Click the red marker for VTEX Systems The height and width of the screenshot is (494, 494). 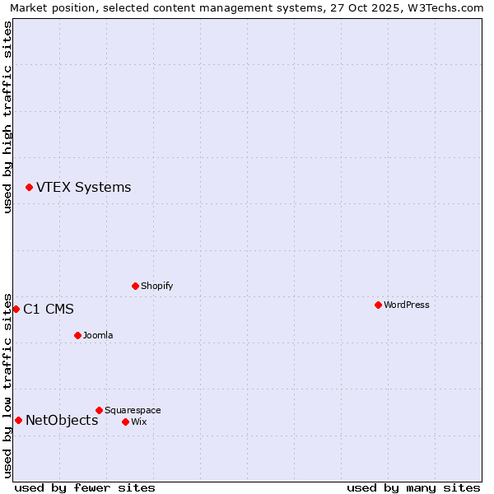tap(29, 188)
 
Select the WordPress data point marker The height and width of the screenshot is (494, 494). tap(378, 305)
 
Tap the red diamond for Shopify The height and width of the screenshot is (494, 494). tap(135, 287)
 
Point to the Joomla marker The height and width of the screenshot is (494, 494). tap(77, 336)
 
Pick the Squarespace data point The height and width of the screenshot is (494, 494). tap(99, 410)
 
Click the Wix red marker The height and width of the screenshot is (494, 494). tap(125, 422)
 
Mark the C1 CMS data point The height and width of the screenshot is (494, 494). tap(16, 310)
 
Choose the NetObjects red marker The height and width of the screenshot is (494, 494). tap(18, 421)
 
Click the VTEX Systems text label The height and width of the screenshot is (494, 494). tap(83, 188)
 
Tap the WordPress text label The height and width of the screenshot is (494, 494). tap(406, 305)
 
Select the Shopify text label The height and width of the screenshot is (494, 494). tap(156, 287)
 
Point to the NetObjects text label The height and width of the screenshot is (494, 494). tap(62, 421)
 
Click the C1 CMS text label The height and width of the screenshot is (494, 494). tap(49, 310)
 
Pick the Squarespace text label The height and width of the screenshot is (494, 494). tap(133, 410)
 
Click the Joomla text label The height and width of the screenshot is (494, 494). tap(98, 336)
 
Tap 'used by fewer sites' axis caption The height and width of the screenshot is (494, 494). tap(85, 487)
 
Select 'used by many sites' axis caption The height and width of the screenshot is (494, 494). tap(413, 487)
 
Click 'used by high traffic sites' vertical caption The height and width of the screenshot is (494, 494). tap(7, 117)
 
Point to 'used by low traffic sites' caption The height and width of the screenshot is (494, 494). tap(7, 385)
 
